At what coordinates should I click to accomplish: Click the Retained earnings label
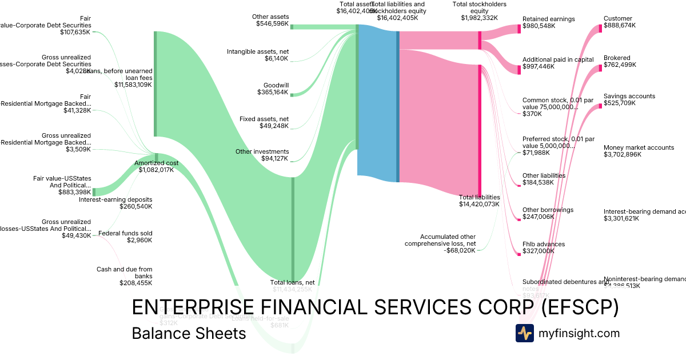[548, 19]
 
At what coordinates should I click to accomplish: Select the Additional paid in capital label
[557, 59]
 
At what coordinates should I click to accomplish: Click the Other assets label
[270, 17]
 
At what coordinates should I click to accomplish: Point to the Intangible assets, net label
[258, 51]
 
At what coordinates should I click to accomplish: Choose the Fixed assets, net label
[264, 119]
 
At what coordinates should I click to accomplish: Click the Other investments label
[262, 151]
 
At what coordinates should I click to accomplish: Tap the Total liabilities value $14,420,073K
[479, 204]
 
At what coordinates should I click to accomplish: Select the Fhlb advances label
[543, 244]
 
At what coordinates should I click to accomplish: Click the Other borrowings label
[548, 210]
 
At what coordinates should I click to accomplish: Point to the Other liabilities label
[544, 175]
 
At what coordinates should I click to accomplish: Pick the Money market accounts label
[639, 147]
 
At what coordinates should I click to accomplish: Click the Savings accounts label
[629, 96]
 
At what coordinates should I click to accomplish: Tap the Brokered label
[617, 58]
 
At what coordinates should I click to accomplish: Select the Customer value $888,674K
[619, 26]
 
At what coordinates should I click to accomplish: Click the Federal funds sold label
[125, 233]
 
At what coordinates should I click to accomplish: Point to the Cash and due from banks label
[124, 273]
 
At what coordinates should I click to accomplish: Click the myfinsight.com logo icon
[524, 333]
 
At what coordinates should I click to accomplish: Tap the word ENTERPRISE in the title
[192, 307]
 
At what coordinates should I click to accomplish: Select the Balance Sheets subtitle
[189, 333]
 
